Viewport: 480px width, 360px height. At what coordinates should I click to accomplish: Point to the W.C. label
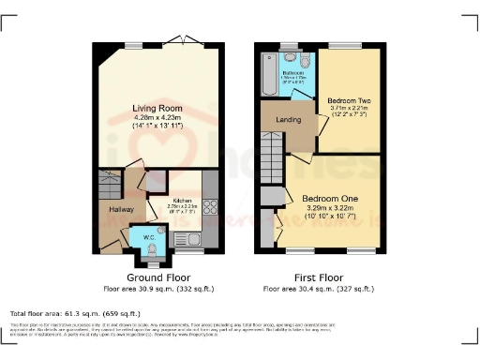click(x=149, y=237)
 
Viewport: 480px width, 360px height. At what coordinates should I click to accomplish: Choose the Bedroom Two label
click(x=347, y=99)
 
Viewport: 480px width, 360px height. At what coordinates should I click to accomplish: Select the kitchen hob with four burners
click(x=210, y=208)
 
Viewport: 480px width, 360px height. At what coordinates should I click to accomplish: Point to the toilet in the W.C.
click(x=152, y=247)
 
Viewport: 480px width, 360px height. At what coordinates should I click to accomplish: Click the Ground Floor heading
click(x=157, y=277)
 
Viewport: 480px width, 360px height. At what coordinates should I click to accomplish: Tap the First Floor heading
click(x=319, y=277)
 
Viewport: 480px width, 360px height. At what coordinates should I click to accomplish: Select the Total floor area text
click(x=69, y=312)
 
